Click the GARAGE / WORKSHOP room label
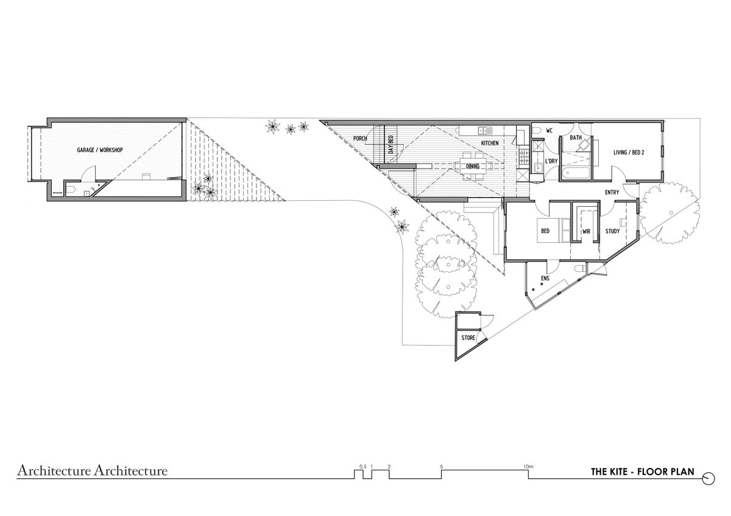point(100,150)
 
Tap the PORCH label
point(360,139)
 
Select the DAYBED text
point(391,145)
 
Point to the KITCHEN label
point(490,143)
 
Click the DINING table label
point(473,166)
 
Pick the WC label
point(549,131)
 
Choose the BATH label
point(576,138)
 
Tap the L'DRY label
point(551,161)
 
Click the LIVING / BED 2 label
point(629,152)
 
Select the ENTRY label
point(612,193)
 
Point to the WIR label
point(587,232)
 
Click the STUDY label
point(613,231)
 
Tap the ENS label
point(545,278)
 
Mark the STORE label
point(468,338)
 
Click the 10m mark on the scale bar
point(528,467)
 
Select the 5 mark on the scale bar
point(442,467)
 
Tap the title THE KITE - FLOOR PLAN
point(643,472)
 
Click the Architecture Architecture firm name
point(93,471)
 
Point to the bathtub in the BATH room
point(576,172)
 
